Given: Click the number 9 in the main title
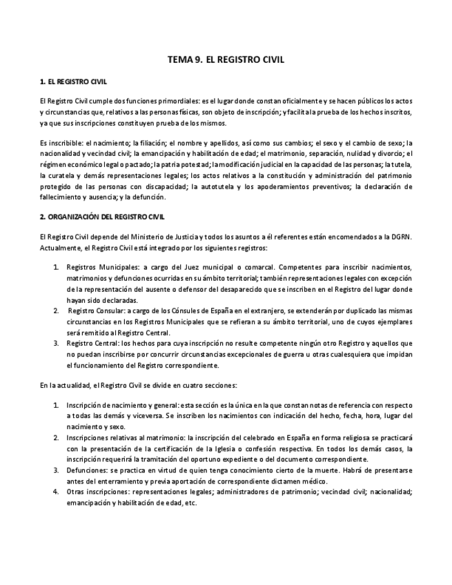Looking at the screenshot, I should [198, 60].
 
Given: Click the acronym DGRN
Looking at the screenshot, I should [401, 237].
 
